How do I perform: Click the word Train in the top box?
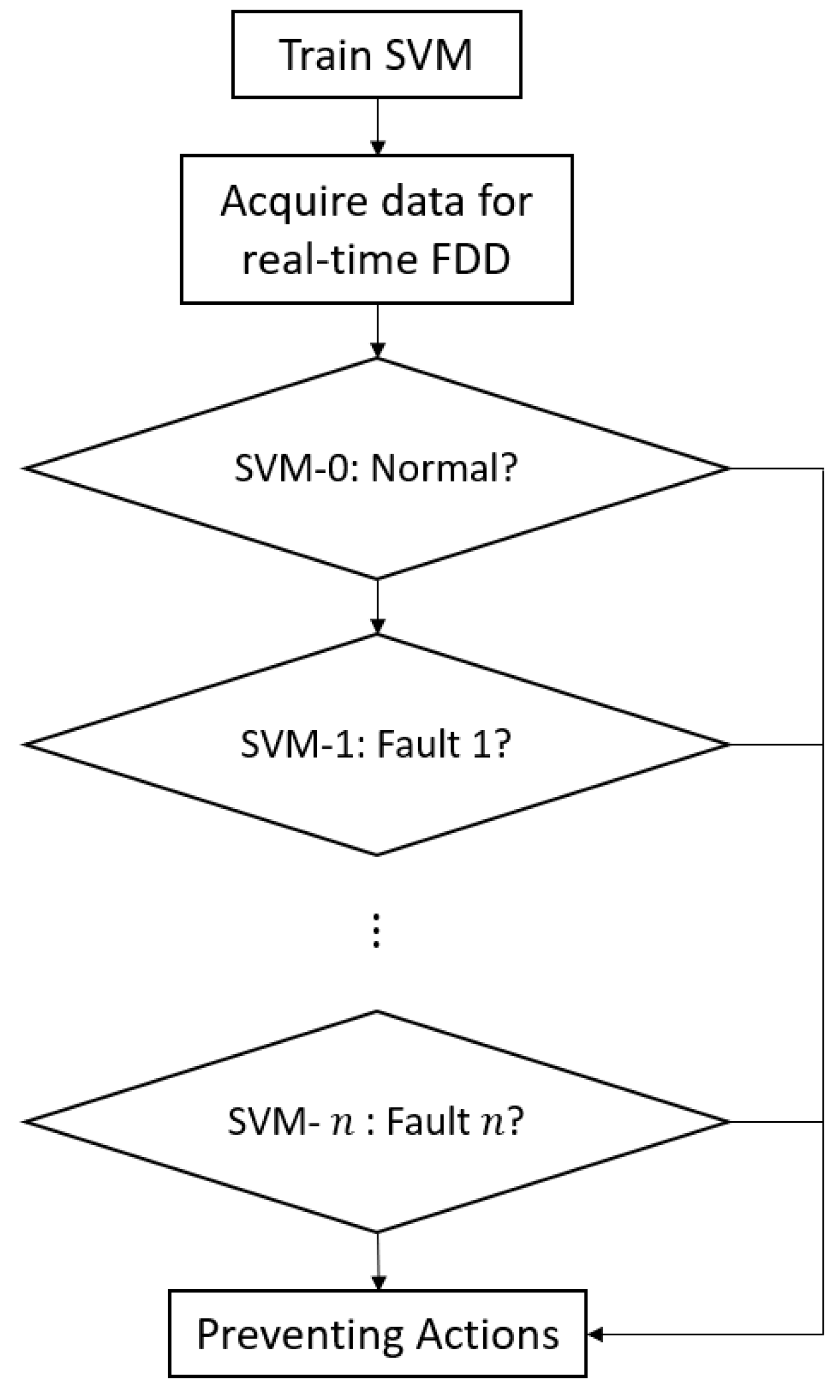coord(326,55)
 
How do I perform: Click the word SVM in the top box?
coord(428,55)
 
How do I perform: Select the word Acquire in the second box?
coord(293,201)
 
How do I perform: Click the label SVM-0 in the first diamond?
coord(291,469)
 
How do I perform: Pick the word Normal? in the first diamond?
coord(444,469)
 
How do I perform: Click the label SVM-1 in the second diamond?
coord(299,744)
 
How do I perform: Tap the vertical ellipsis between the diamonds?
coord(377,931)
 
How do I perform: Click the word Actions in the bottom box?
coord(488,1334)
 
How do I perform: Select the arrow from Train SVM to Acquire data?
coord(377,126)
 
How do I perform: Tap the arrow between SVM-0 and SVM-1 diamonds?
coord(377,607)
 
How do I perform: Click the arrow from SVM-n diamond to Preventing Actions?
coord(378,1260)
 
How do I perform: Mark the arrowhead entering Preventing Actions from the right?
coord(595,1335)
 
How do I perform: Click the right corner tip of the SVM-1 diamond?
coord(729,744)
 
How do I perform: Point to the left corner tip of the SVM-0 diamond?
coord(25,468)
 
